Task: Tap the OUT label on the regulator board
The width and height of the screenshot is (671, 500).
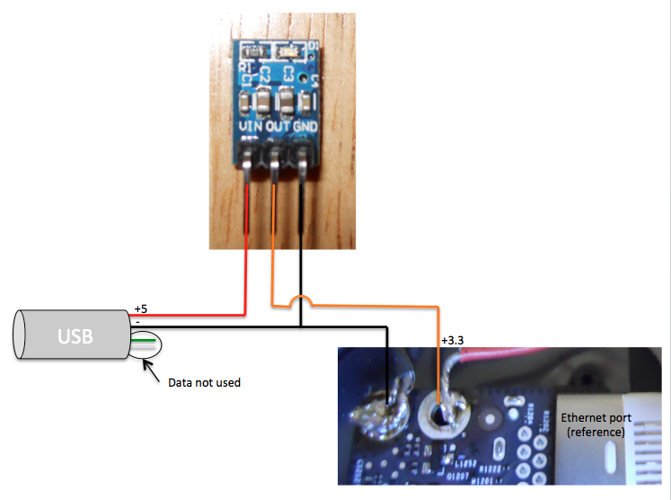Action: (278, 127)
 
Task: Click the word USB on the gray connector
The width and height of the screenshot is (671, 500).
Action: (75, 336)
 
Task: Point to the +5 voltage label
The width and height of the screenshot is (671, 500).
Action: (140, 308)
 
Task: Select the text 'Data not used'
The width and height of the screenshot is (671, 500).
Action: (205, 382)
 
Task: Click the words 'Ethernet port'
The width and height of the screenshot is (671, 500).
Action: (596, 418)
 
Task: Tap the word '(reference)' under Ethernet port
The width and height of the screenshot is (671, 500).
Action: (596, 433)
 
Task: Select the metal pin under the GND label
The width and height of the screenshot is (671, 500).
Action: (305, 166)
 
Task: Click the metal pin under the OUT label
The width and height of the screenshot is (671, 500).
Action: (275, 166)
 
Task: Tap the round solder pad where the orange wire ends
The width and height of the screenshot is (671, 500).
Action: (441, 415)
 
